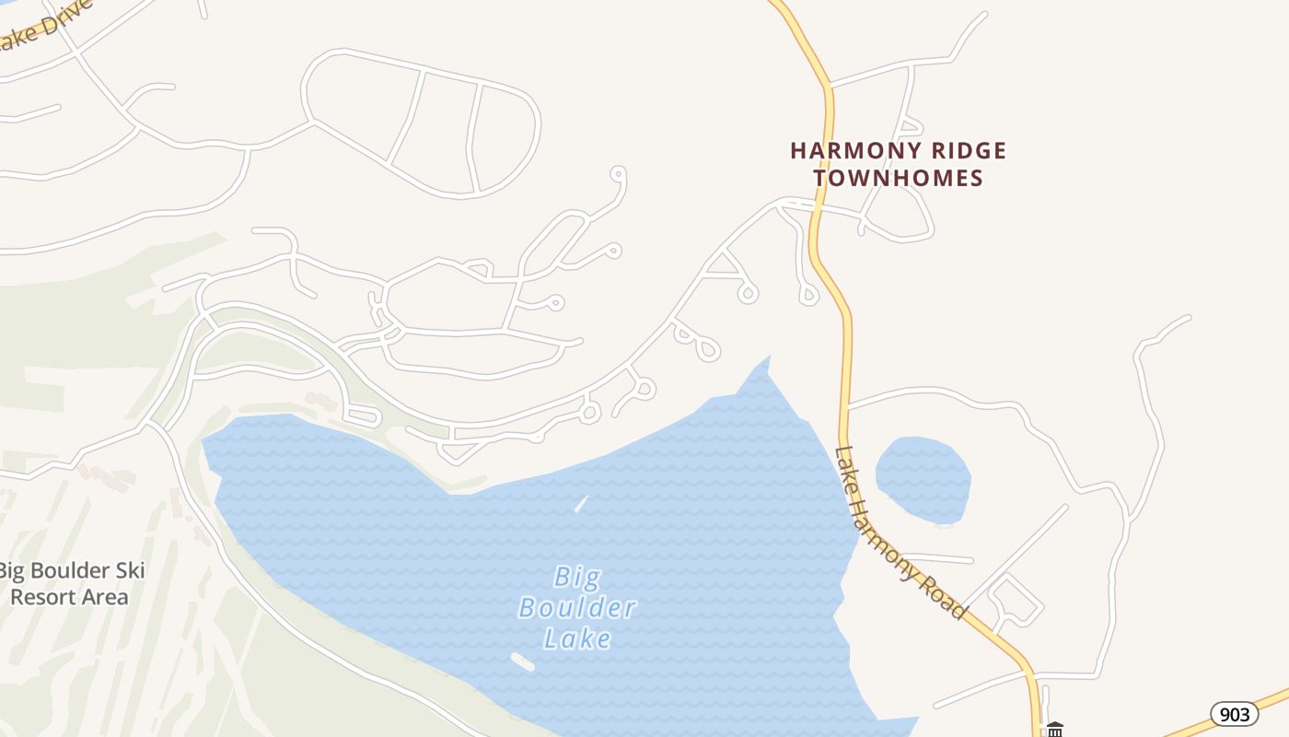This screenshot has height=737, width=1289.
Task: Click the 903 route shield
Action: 1234,713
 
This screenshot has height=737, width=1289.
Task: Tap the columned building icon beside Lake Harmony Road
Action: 1055,730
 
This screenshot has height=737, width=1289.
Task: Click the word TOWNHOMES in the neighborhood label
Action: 898,178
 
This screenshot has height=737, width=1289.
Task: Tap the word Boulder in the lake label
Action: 577,608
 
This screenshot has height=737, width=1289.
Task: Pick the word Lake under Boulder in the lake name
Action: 577,638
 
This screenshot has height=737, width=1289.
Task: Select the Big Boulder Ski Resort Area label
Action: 72,583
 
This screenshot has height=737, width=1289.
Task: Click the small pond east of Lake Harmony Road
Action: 923,479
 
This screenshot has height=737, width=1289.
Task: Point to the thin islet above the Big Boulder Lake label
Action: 581,504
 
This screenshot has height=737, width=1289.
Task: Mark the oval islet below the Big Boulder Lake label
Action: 522,661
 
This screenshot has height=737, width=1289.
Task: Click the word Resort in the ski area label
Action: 46,597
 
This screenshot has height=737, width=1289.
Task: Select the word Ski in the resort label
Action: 129,571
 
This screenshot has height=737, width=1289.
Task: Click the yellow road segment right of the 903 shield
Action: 1275,694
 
